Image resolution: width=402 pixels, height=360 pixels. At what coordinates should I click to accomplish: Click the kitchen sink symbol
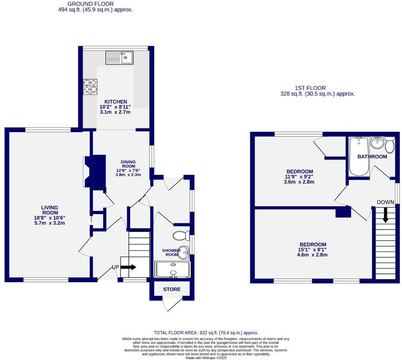tap(119, 58)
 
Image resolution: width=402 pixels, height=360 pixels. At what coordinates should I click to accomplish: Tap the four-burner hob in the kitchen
tap(90, 87)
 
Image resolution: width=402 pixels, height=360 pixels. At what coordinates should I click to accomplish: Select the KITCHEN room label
tap(116, 102)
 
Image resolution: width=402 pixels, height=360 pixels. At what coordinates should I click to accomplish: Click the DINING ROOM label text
tap(128, 164)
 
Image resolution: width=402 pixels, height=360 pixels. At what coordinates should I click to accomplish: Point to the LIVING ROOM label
tap(49, 210)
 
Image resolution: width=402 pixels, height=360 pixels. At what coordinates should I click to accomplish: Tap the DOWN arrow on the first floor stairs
tap(385, 215)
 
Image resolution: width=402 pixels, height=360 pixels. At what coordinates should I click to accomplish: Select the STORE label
tap(172, 289)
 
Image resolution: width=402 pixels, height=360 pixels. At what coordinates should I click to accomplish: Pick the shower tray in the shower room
tap(172, 269)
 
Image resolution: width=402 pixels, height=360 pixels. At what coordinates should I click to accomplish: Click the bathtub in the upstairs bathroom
tap(359, 156)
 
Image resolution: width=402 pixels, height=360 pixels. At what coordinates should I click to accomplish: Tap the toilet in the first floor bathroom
tap(390, 145)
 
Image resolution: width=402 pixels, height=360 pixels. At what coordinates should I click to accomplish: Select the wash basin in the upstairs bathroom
tap(377, 143)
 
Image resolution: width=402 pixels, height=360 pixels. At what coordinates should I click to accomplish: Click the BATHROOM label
tap(372, 156)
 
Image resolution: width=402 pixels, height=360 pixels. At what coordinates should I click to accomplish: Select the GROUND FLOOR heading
tap(90, 4)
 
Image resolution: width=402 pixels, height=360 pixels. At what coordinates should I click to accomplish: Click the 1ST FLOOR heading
tap(310, 88)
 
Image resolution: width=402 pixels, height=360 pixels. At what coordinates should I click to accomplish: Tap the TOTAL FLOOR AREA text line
tap(206, 333)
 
